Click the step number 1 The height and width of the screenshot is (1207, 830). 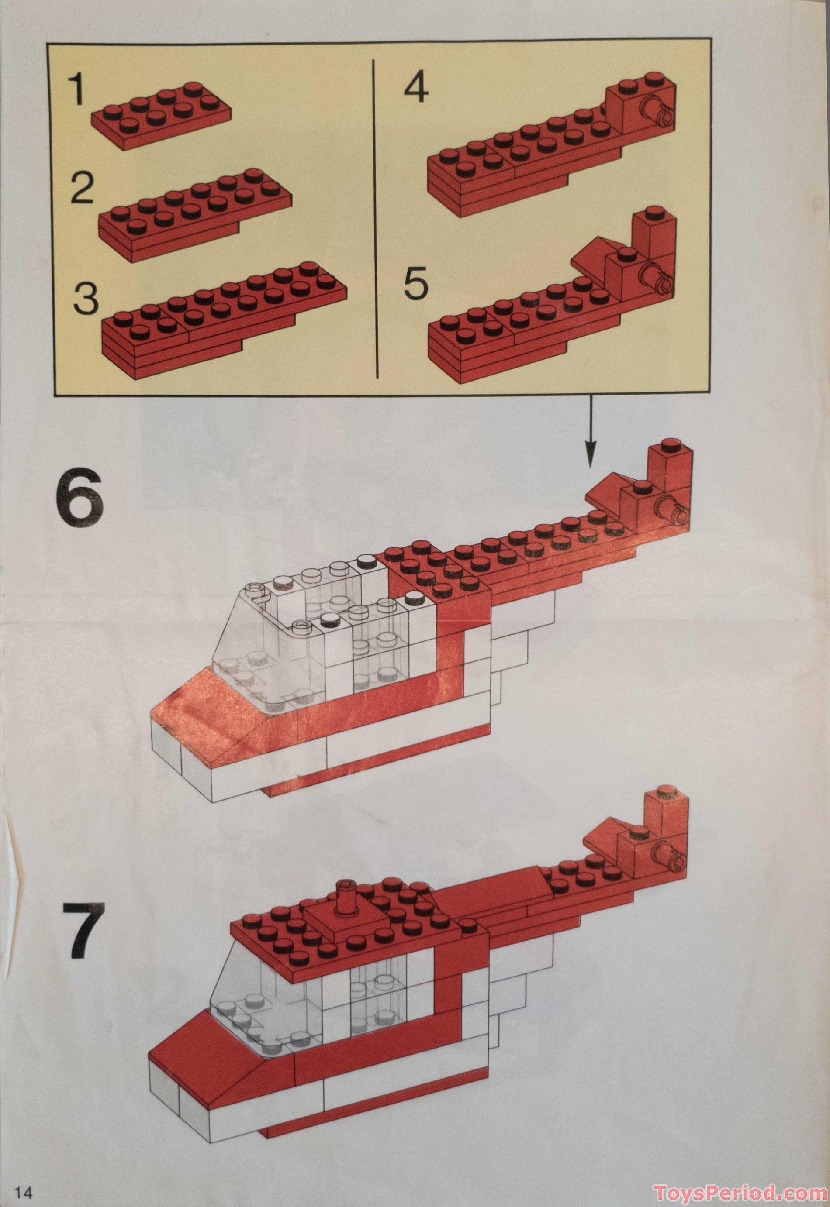(76, 89)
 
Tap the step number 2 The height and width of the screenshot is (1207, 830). (82, 188)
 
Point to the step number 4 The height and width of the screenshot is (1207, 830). (416, 87)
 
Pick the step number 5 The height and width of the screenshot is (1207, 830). (416, 283)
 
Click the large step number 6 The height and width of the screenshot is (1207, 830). (80, 496)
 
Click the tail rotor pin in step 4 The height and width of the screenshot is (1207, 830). (658, 112)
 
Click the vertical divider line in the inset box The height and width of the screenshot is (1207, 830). (376, 218)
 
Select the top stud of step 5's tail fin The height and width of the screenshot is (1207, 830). (655, 212)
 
